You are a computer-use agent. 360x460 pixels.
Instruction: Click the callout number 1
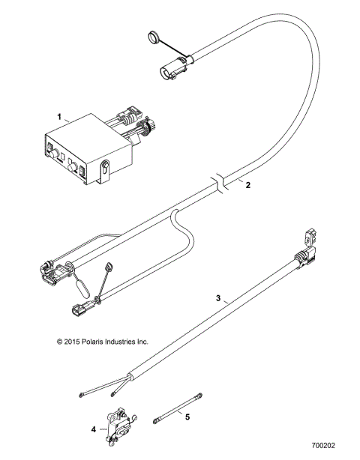(58, 117)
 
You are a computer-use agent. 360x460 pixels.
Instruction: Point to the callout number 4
(94, 430)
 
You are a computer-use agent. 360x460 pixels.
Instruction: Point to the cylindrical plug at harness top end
(169, 72)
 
